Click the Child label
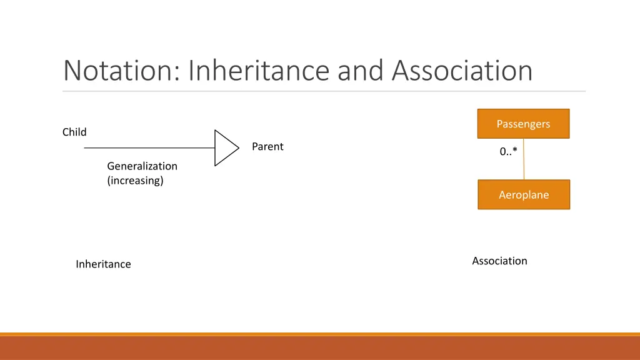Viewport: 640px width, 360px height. pos(74,132)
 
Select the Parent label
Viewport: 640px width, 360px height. pos(267,146)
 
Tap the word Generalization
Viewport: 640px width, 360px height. pos(142,166)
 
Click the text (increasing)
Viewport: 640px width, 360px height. pos(135,181)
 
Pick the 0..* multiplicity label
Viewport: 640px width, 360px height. pos(508,151)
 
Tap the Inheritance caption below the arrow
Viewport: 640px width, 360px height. pos(103,264)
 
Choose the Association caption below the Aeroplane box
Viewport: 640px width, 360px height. pos(499,261)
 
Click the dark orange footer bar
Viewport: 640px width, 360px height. pos(320,348)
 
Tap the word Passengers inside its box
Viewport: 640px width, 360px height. pos(524,124)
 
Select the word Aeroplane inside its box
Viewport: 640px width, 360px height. pos(524,195)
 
